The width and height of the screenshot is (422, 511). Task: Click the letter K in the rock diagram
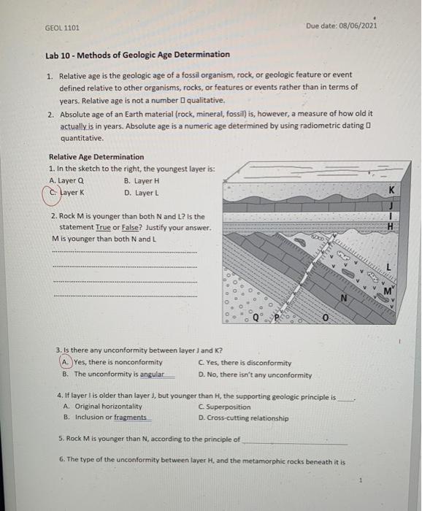(x=392, y=190)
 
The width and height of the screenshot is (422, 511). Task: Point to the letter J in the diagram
(x=392, y=207)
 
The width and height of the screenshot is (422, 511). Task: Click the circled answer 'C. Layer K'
(x=69, y=193)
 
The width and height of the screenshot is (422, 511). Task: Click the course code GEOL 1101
(x=62, y=28)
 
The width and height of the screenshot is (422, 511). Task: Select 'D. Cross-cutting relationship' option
(x=242, y=418)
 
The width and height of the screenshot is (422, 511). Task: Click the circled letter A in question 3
(x=66, y=363)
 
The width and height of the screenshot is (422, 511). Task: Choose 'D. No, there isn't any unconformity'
(x=254, y=375)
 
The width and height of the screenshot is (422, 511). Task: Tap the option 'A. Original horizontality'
(x=107, y=407)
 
